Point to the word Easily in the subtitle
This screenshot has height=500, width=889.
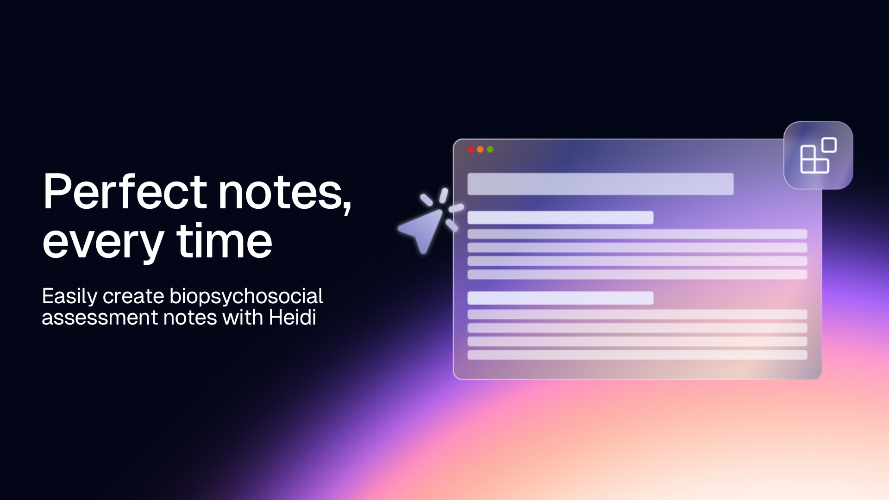[69, 297]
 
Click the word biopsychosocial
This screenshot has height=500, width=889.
[246, 297]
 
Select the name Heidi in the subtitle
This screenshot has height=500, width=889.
[292, 318]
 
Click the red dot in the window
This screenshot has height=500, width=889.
[471, 150]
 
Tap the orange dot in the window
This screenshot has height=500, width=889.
[480, 150]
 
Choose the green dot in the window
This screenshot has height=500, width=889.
[490, 150]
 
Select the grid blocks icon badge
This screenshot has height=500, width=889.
[818, 156]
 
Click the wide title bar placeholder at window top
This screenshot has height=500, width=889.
[600, 184]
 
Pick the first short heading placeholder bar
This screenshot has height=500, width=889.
[560, 218]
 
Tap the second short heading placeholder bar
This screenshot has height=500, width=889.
[560, 298]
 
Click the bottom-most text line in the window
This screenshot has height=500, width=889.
[637, 355]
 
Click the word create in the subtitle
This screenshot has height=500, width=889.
[133, 297]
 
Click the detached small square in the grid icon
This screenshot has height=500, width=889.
[829, 145]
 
